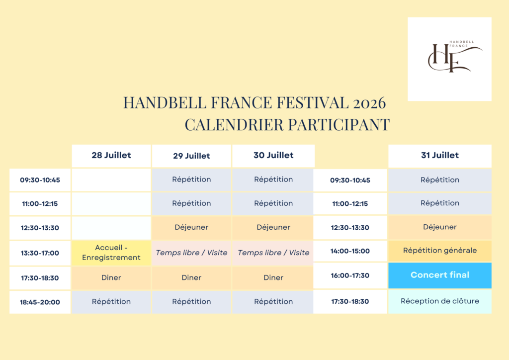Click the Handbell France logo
pos(449,59)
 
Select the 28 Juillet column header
pos(111,155)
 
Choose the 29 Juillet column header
pos(191,156)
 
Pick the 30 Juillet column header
pos(273,155)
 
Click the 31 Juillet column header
pos(439,155)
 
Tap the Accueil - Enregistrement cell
pos(111,253)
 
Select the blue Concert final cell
pos(439,275)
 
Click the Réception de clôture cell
pos(439,301)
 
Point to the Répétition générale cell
pos(439,251)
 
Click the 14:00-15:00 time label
pos(350,251)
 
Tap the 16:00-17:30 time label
pos(350,275)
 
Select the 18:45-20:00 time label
pos(40,302)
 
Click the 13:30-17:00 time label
pos(40,253)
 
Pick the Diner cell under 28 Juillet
pos(111,278)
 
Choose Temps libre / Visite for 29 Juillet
pos(191,253)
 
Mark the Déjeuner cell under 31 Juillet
pos(439,227)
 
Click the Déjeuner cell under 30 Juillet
pos(273,227)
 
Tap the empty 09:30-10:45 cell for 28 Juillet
pos(111,180)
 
